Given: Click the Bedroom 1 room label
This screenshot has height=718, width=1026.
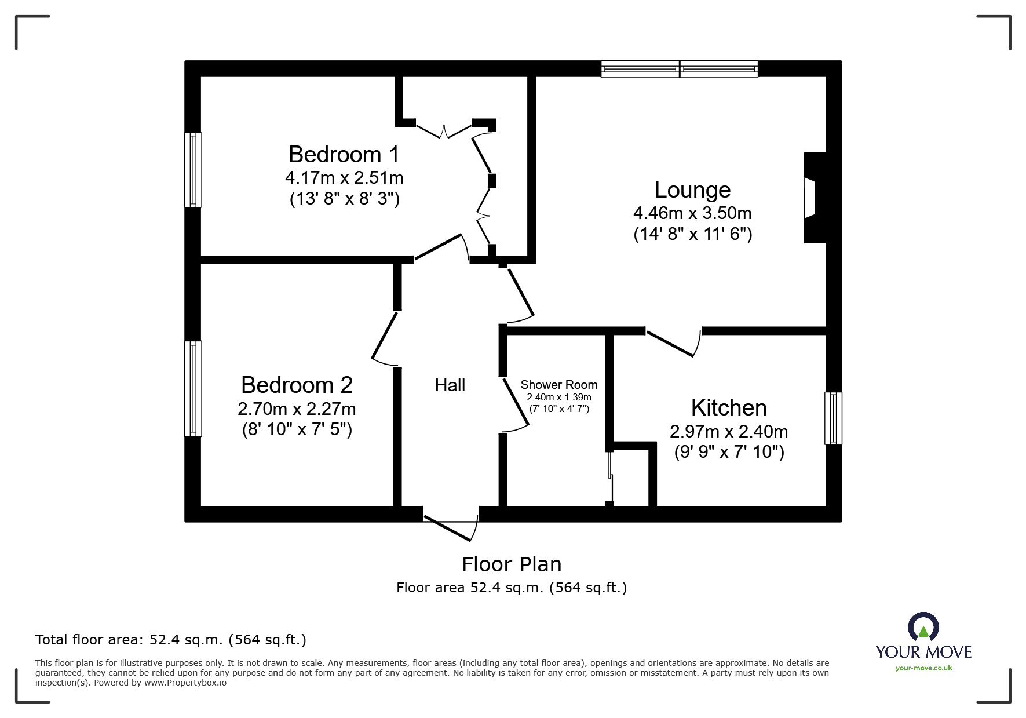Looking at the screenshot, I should pyautogui.click(x=344, y=155).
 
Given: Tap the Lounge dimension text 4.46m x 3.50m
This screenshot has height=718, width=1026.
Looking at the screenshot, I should pyautogui.click(x=692, y=213).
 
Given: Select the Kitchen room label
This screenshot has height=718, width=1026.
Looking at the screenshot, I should pyautogui.click(x=728, y=408).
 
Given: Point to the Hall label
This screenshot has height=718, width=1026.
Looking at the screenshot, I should pyautogui.click(x=450, y=385).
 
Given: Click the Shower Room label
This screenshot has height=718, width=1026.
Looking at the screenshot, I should pyautogui.click(x=558, y=385).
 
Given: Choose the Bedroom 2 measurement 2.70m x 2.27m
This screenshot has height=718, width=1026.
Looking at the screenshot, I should pyautogui.click(x=297, y=409).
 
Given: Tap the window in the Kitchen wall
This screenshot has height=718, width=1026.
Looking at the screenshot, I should pyautogui.click(x=833, y=418).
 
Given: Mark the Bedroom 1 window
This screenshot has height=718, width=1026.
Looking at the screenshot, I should pyautogui.click(x=193, y=170).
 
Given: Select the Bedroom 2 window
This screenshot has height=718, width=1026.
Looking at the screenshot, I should pyautogui.click(x=193, y=388).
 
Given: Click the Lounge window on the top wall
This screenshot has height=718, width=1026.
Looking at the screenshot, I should pyautogui.click(x=679, y=69).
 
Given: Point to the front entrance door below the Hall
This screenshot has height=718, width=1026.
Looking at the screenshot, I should pyautogui.click(x=451, y=524).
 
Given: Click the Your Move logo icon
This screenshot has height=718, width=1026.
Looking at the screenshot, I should pyautogui.click(x=923, y=627).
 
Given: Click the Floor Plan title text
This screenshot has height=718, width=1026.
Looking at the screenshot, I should pyautogui.click(x=511, y=564).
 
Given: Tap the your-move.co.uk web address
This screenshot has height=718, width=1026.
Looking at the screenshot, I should pyautogui.click(x=923, y=668).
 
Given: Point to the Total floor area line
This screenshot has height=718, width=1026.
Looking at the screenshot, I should pyautogui.click(x=170, y=640).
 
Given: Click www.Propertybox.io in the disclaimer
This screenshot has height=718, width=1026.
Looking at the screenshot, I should pyautogui.click(x=185, y=683).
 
